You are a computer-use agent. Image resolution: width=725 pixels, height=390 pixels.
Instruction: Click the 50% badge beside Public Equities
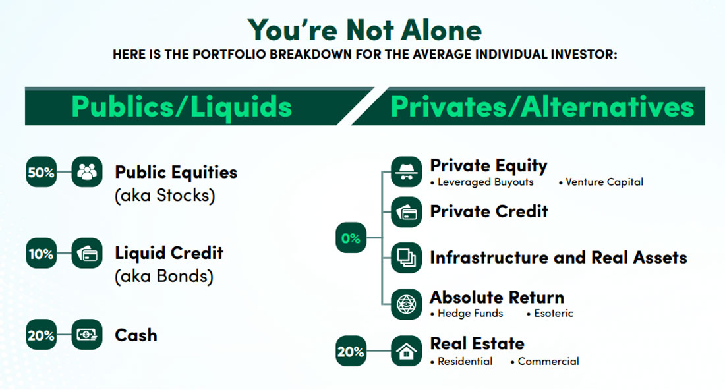pyautogui.click(x=41, y=173)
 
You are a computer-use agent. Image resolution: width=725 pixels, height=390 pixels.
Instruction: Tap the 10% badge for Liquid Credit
pyautogui.click(x=41, y=254)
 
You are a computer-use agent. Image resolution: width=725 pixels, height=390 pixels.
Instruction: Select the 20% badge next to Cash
pyautogui.click(x=41, y=335)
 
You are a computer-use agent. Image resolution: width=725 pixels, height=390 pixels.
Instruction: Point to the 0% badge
pyautogui.click(x=351, y=238)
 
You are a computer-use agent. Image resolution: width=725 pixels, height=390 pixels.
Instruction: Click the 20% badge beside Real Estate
pyautogui.click(x=351, y=351)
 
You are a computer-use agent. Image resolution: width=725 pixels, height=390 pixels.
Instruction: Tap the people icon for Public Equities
pyautogui.click(x=87, y=173)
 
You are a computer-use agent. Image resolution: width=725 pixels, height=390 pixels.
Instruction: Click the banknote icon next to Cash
pyautogui.click(x=87, y=335)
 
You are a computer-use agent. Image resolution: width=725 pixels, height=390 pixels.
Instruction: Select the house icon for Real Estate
pyautogui.click(x=406, y=352)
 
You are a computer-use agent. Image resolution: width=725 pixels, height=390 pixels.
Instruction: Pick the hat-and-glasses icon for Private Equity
pyautogui.click(x=406, y=172)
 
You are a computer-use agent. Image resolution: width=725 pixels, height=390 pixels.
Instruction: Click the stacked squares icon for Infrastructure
pyautogui.click(x=406, y=258)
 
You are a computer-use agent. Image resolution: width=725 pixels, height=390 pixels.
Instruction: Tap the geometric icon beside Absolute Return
pyautogui.click(x=406, y=304)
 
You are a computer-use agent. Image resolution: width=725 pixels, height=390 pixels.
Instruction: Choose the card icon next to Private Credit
pyautogui.click(x=406, y=212)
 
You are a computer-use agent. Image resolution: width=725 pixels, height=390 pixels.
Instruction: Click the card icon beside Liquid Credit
pyautogui.click(x=87, y=254)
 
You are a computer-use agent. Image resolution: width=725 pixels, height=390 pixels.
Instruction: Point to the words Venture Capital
pyautogui.click(x=604, y=182)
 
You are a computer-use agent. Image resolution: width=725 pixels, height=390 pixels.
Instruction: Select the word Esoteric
pyautogui.click(x=554, y=314)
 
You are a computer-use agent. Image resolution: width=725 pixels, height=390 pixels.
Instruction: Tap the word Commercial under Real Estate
pyautogui.click(x=548, y=361)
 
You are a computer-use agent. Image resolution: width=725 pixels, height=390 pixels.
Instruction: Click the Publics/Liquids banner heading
pyautogui.click(x=181, y=106)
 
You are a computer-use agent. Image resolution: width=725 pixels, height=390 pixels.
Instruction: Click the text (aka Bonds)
pyautogui.click(x=164, y=276)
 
